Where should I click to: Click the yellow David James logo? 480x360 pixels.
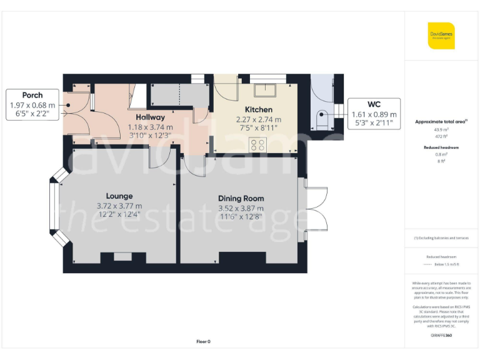[441, 36]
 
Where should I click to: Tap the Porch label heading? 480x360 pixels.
[32, 96]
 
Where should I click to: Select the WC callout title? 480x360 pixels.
[374, 104]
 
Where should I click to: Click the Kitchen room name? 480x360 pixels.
[258, 110]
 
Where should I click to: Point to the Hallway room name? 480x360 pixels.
[151, 117]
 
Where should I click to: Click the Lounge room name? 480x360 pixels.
[119, 196]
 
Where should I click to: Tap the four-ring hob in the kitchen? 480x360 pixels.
[257, 145]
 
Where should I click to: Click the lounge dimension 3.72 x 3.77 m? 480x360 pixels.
[119, 206]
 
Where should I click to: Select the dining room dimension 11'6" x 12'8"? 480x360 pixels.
[241, 217]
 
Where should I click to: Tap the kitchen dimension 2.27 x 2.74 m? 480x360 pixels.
[258, 119]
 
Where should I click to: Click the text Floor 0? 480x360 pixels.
[204, 341]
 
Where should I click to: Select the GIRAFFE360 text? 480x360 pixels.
[441, 336]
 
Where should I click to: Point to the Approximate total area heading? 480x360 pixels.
[441, 121]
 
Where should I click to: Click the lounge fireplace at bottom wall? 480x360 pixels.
[122, 257]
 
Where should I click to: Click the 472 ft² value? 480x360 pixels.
[441, 136]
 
